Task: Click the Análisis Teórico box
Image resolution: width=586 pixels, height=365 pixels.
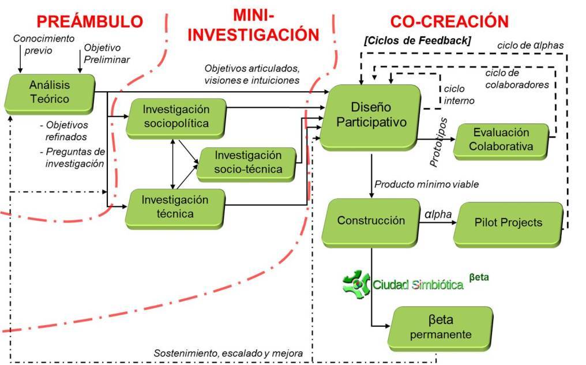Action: click(49, 93)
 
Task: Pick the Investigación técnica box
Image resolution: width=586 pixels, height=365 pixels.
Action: click(175, 206)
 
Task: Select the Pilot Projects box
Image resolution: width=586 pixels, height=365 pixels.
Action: click(508, 223)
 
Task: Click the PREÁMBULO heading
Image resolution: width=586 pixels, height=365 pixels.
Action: click(89, 22)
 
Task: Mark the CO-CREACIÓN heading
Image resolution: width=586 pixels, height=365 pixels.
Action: click(449, 22)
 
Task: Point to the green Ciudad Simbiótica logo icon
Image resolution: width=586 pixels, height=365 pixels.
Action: click(356, 283)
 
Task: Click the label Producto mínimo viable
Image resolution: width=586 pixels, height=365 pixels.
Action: click(427, 185)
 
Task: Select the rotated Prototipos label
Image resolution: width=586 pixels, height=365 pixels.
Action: click(439, 142)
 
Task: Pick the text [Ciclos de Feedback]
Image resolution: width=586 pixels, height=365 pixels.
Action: click(418, 41)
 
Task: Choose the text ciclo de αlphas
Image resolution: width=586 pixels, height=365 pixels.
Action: click(531, 44)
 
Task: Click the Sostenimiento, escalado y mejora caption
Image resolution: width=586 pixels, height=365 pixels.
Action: click(228, 353)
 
